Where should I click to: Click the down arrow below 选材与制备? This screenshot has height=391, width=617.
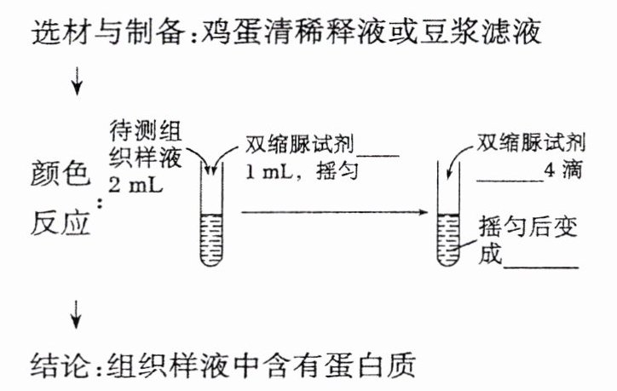[78, 82]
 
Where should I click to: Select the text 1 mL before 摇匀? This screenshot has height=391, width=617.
[272, 170]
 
